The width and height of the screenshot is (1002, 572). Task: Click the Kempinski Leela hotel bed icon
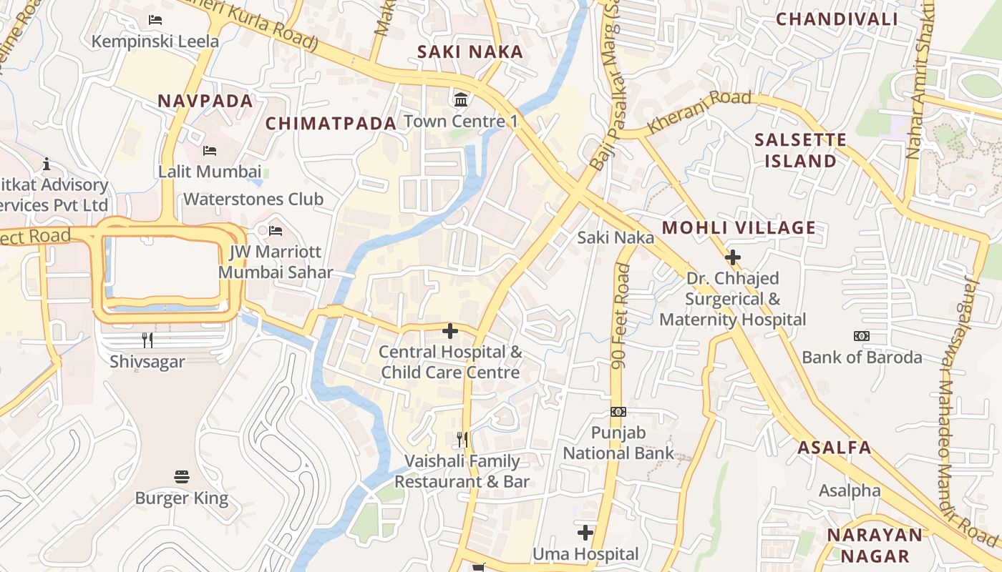[155, 20]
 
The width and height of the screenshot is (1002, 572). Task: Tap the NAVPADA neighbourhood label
[205, 101]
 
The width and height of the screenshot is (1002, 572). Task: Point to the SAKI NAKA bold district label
[470, 52]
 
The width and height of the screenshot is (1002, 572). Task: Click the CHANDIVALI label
[837, 19]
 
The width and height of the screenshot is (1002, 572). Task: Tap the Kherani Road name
[699, 112]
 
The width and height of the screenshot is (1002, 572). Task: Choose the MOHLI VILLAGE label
[739, 228]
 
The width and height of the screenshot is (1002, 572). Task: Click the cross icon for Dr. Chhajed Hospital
[732, 257]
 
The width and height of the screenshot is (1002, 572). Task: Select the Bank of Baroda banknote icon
[862, 336]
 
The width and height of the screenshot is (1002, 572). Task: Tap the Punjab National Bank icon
[618, 412]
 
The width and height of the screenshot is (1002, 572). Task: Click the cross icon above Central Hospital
[450, 331]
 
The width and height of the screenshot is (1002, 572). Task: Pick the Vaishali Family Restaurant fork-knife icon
[462, 439]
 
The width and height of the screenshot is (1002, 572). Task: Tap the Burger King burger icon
[182, 477]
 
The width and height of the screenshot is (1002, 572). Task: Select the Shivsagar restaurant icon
[147, 340]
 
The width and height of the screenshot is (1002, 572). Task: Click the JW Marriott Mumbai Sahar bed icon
[276, 231]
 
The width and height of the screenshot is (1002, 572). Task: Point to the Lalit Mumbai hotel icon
[210, 151]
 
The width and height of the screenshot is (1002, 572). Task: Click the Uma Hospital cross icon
[585, 533]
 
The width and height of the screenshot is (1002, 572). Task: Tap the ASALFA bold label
[835, 448]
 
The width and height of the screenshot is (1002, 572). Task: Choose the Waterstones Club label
[253, 199]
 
